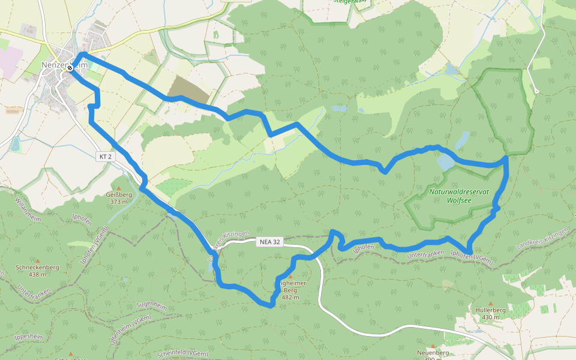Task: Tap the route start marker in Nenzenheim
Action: tap(70, 68)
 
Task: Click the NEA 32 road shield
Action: tap(268, 242)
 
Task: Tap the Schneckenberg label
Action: tap(37, 268)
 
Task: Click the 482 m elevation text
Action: tap(290, 297)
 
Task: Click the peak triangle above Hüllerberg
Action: tap(490, 303)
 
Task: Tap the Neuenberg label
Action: tap(433, 353)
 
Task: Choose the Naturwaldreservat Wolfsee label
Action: tap(459, 196)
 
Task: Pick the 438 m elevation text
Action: tap(37, 275)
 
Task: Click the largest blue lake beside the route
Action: tap(446, 162)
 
